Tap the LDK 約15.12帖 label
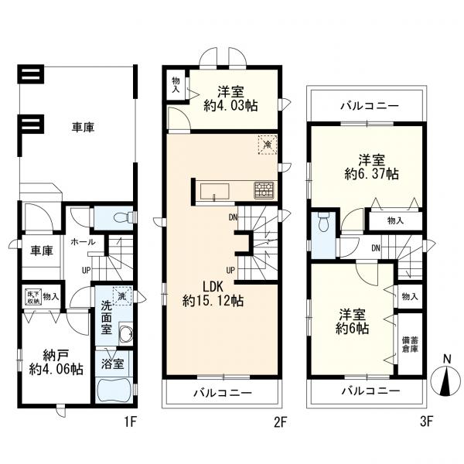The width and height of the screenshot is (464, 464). point(213,293)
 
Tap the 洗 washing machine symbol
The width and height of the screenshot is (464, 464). point(121,295)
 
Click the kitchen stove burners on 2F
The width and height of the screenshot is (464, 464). point(264,189)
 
